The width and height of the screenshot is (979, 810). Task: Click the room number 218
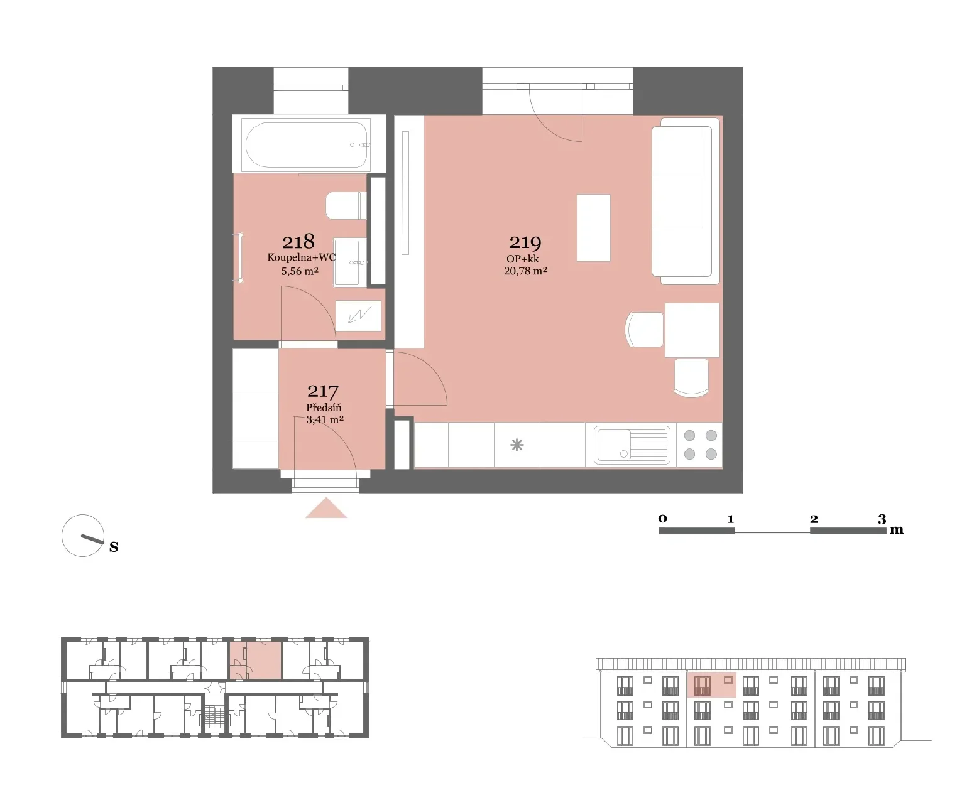pyautogui.click(x=298, y=242)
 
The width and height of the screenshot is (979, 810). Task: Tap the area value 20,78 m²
pyautogui.click(x=525, y=271)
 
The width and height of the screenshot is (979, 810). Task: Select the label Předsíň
pyautogui.click(x=324, y=407)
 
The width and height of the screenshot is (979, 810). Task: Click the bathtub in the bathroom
pyautogui.click(x=307, y=145)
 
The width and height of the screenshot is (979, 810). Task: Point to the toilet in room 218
pyautogui.click(x=346, y=205)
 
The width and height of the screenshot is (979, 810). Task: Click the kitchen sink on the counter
pyautogui.click(x=632, y=445)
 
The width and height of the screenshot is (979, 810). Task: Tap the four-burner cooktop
pyautogui.click(x=700, y=445)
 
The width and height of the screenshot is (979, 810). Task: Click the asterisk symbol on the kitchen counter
pyautogui.click(x=517, y=445)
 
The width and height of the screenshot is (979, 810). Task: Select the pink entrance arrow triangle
pyautogui.click(x=326, y=508)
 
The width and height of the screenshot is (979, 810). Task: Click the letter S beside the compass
pyautogui.click(x=114, y=547)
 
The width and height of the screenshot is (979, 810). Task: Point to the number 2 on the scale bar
pyautogui.click(x=814, y=519)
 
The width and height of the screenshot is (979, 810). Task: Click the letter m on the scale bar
pyautogui.click(x=897, y=530)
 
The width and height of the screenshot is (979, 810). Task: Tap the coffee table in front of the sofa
pyautogui.click(x=594, y=228)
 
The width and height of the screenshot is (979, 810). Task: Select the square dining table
pyautogui.click(x=692, y=330)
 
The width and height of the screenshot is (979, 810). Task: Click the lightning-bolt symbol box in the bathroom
pyautogui.click(x=359, y=315)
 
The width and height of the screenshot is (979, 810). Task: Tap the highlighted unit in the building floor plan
pyautogui.click(x=256, y=660)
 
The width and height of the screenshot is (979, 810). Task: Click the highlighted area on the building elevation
pyautogui.click(x=711, y=685)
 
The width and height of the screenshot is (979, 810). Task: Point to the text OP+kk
pyautogui.click(x=523, y=259)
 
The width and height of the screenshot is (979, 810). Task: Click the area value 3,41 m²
pyautogui.click(x=325, y=420)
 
